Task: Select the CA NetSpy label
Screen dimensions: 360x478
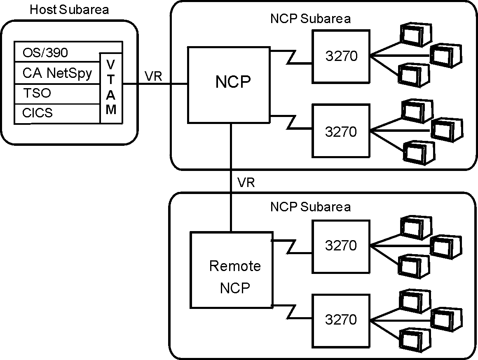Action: click(x=57, y=73)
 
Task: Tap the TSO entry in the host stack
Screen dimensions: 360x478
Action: click(x=37, y=94)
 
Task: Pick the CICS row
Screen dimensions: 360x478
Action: click(x=37, y=113)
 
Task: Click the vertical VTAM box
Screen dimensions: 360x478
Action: click(x=111, y=87)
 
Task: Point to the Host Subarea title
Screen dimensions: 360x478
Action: click(x=69, y=9)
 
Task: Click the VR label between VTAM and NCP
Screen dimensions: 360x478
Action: click(x=153, y=76)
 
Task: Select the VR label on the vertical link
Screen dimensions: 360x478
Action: click(x=246, y=182)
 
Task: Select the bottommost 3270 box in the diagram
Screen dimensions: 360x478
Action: click(x=341, y=320)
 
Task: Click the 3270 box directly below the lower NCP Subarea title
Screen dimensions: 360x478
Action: click(x=341, y=246)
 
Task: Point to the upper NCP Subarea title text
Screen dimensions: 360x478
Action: click(x=310, y=19)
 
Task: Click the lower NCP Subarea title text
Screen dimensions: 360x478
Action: click(x=310, y=206)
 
